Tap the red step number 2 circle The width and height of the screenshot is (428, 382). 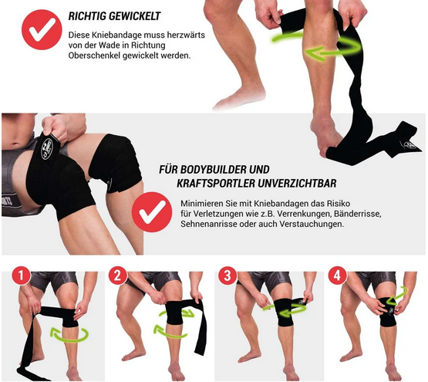pos(117,276)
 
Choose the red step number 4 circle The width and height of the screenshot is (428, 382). pos(337,276)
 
